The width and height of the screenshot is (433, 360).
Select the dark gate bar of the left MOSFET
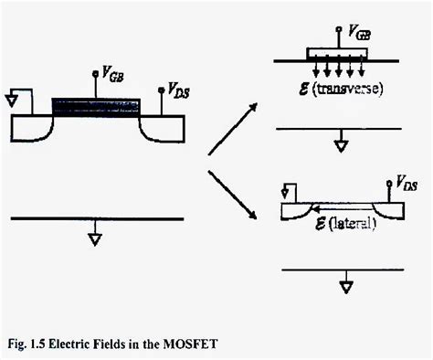pyautogui.click(x=96, y=105)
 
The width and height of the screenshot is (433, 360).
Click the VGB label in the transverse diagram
pyautogui.click(x=360, y=35)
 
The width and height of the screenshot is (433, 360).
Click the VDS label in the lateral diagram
pyautogui.click(x=407, y=183)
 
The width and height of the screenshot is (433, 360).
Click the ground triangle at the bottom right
pyautogui.click(x=346, y=286)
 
